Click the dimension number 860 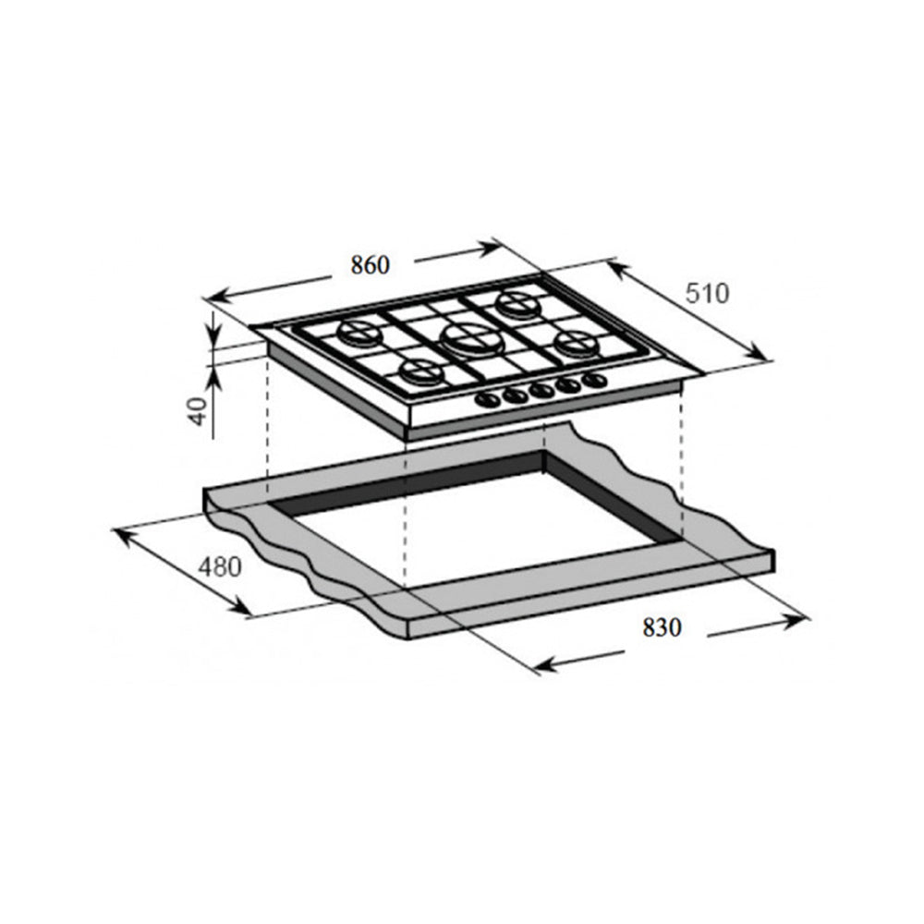(x=371, y=265)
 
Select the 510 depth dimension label (x=707, y=293)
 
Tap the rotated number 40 (x=199, y=411)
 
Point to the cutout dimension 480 (x=220, y=567)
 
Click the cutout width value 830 (x=662, y=627)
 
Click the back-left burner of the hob (x=359, y=333)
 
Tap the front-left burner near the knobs (x=421, y=371)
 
